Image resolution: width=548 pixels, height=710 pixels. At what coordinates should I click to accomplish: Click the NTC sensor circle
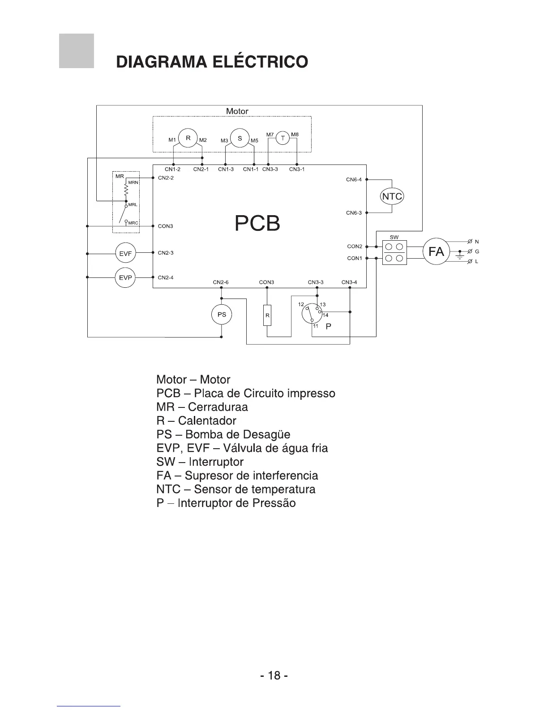(392, 196)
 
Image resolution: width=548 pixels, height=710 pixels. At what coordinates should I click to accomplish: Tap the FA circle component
(436, 252)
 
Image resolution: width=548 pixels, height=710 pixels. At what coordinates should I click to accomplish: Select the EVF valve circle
(126, 254)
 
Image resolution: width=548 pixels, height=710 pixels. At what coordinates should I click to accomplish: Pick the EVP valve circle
(126, 278)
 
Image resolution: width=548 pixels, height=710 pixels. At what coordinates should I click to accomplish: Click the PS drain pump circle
(222, 315)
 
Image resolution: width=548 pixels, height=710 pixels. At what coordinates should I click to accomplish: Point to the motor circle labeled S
(240, 138)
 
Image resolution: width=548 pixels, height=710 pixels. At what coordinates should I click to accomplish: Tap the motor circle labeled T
(283, 138)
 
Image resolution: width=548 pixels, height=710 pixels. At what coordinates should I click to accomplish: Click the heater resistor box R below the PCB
(267, 315)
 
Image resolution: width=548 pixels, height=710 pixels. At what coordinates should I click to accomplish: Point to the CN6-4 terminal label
(354, 180)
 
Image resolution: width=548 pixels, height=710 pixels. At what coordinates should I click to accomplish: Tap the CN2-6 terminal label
(221, 282)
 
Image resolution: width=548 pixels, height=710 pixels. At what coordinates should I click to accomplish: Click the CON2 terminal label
(355, 247)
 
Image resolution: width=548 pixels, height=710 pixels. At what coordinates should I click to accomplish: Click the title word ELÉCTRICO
(261, 61)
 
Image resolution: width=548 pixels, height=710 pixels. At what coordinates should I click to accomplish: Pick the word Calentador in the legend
(207, 421)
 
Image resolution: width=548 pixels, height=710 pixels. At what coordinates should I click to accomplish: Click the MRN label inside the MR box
(133, 183)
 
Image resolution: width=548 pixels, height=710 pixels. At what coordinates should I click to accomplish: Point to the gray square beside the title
(77, 51)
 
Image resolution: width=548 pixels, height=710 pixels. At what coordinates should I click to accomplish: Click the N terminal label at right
(477, 242)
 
